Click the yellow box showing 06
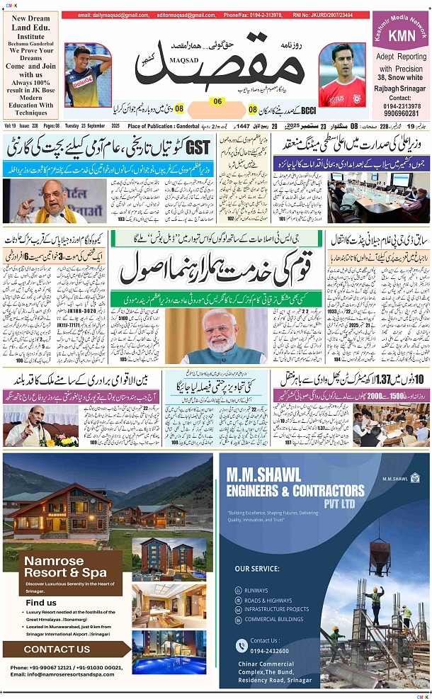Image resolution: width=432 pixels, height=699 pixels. point(217,101)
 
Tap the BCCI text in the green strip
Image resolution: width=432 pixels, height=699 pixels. point(309,110)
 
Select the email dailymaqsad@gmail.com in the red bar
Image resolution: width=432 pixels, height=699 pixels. point(113,15)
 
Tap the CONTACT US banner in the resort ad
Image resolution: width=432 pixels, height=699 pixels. point(57,649)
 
